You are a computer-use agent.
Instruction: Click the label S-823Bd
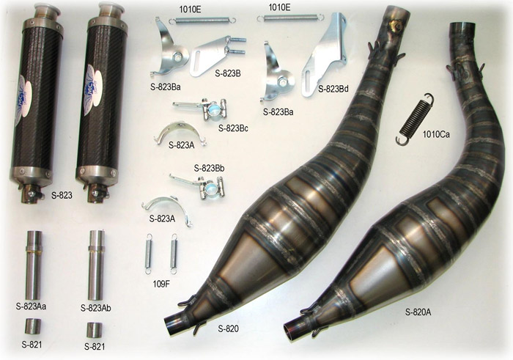pos(333,89)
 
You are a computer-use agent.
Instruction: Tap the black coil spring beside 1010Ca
pos(414,119)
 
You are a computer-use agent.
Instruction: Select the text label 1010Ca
pos(436,134)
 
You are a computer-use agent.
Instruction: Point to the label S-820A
pos(418,312)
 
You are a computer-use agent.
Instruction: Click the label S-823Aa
pos(31,306)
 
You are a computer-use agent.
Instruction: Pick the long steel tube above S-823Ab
pos(96,265)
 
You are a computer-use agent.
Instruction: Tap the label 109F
pos(161,284)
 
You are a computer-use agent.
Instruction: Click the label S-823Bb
pos(209,169)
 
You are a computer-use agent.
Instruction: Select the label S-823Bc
pos(233,128)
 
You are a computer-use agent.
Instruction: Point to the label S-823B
pos(228,73)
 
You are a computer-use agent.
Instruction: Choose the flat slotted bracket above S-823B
pos(217,56)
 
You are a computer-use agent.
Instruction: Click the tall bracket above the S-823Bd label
pos(324,56)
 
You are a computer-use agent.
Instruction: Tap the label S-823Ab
pos(95,308)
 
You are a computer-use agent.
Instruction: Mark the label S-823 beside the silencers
pos(62,195)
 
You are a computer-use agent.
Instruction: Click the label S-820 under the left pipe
pos(228,328)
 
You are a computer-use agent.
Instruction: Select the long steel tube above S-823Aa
pos(34,265)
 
